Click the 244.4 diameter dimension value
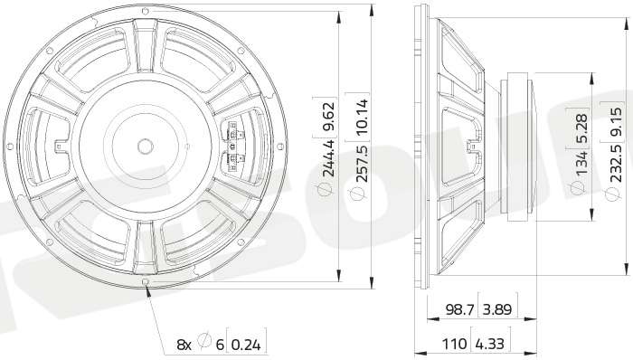pos(328,158)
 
